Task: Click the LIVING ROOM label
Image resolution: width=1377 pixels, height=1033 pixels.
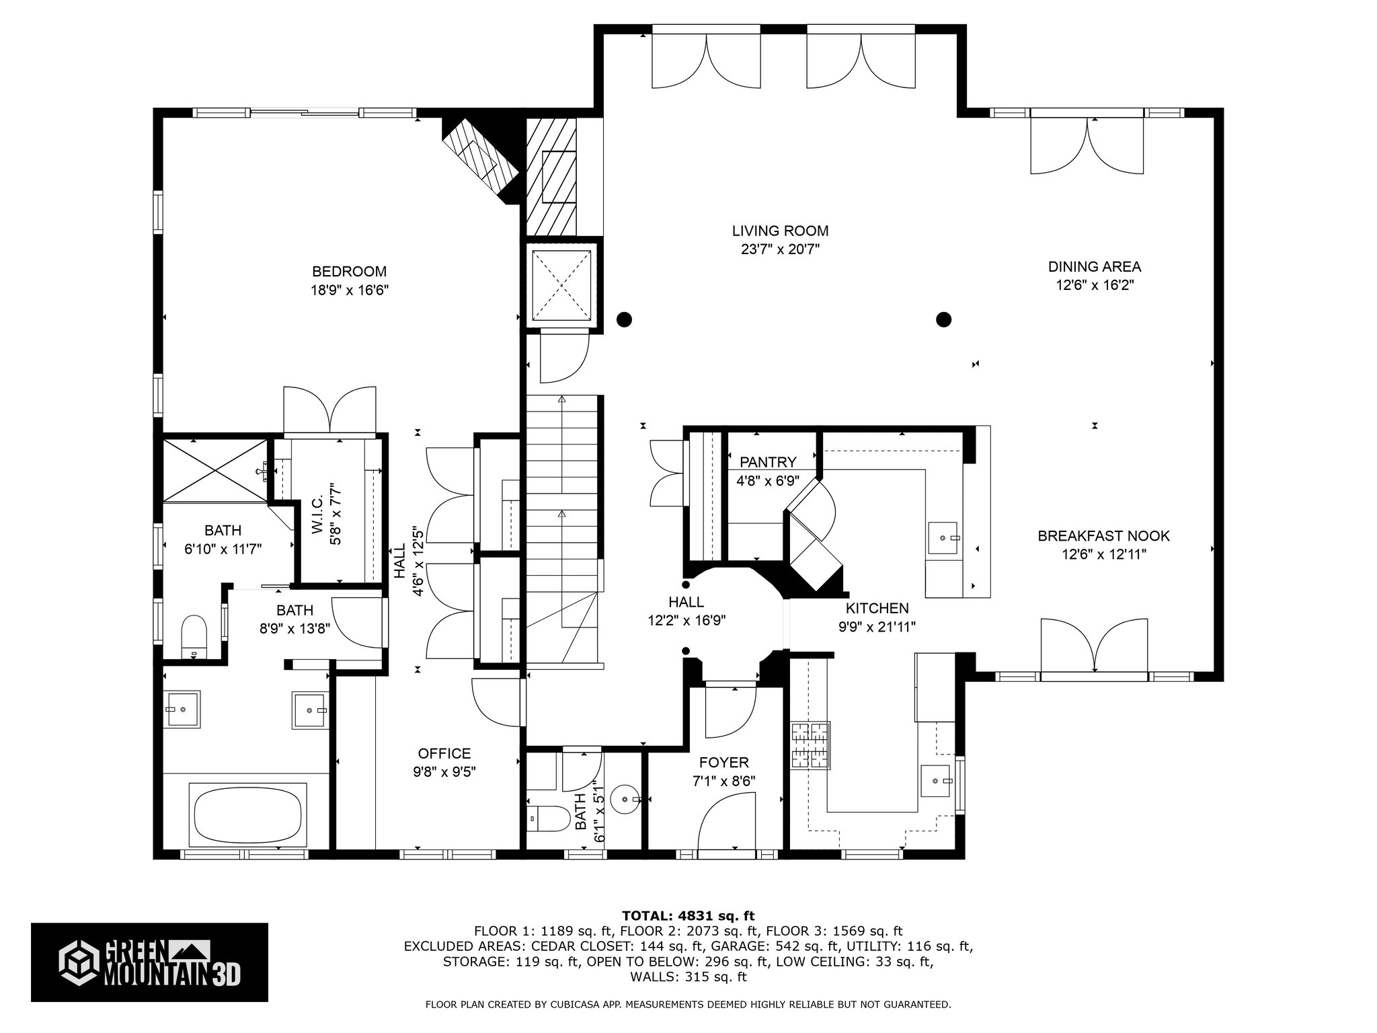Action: pyautogui.click(x=780, y=231)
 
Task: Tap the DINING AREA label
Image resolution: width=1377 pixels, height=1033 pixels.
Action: pyautogui.click(x=1095, y=267)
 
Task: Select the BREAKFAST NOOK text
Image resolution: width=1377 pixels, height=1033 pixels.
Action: pyautogui.click(x=1103, y=536)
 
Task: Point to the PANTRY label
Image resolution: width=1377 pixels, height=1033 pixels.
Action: pyautogui.click(x=768, y=462)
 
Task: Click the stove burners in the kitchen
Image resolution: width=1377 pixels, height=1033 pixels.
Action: pyautogui.click(x=810, y=745)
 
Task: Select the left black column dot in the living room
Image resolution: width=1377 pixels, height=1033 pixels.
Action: pyautogui.click(x=625, y=319)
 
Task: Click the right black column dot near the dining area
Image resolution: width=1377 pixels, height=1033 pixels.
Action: pyautogui.click(x=944, y=319)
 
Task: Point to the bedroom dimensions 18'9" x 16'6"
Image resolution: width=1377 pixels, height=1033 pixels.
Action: pyautogui.click(x=350, y=291)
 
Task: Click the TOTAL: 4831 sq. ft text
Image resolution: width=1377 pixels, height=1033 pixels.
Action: pyautogui.click(x=688, y=916)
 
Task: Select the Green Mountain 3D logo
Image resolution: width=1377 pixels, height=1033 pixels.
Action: pyautogui.click(x=149, y=962)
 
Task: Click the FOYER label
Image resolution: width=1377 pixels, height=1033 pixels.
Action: pyautogui.click(x=723, y=763)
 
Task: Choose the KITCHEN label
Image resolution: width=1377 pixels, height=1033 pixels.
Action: pyautogui.click(x=877, y=609)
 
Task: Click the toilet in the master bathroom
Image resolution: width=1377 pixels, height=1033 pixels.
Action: pyautogui.click(x=194, y=636)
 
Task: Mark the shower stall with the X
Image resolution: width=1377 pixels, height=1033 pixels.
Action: pyautogui.click(x=216, y=470)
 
